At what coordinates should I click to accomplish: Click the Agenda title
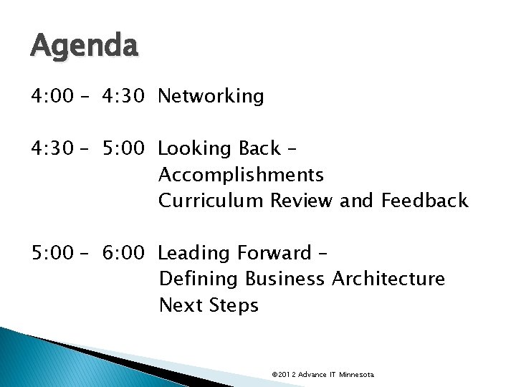tap(84, 47)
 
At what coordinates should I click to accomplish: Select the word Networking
tap(211, 96)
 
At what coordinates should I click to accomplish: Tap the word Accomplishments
tap(241, 175)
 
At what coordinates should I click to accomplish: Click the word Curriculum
tap(211, 201)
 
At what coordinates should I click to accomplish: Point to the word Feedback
tap(425, 201)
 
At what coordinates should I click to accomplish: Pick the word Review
tap(301, 201)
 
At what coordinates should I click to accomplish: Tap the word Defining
tap(199, 279)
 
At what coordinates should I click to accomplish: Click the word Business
tap(285, 279)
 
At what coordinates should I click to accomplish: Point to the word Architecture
tap(388, 279)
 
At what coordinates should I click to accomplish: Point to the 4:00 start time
tap(52, 96)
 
